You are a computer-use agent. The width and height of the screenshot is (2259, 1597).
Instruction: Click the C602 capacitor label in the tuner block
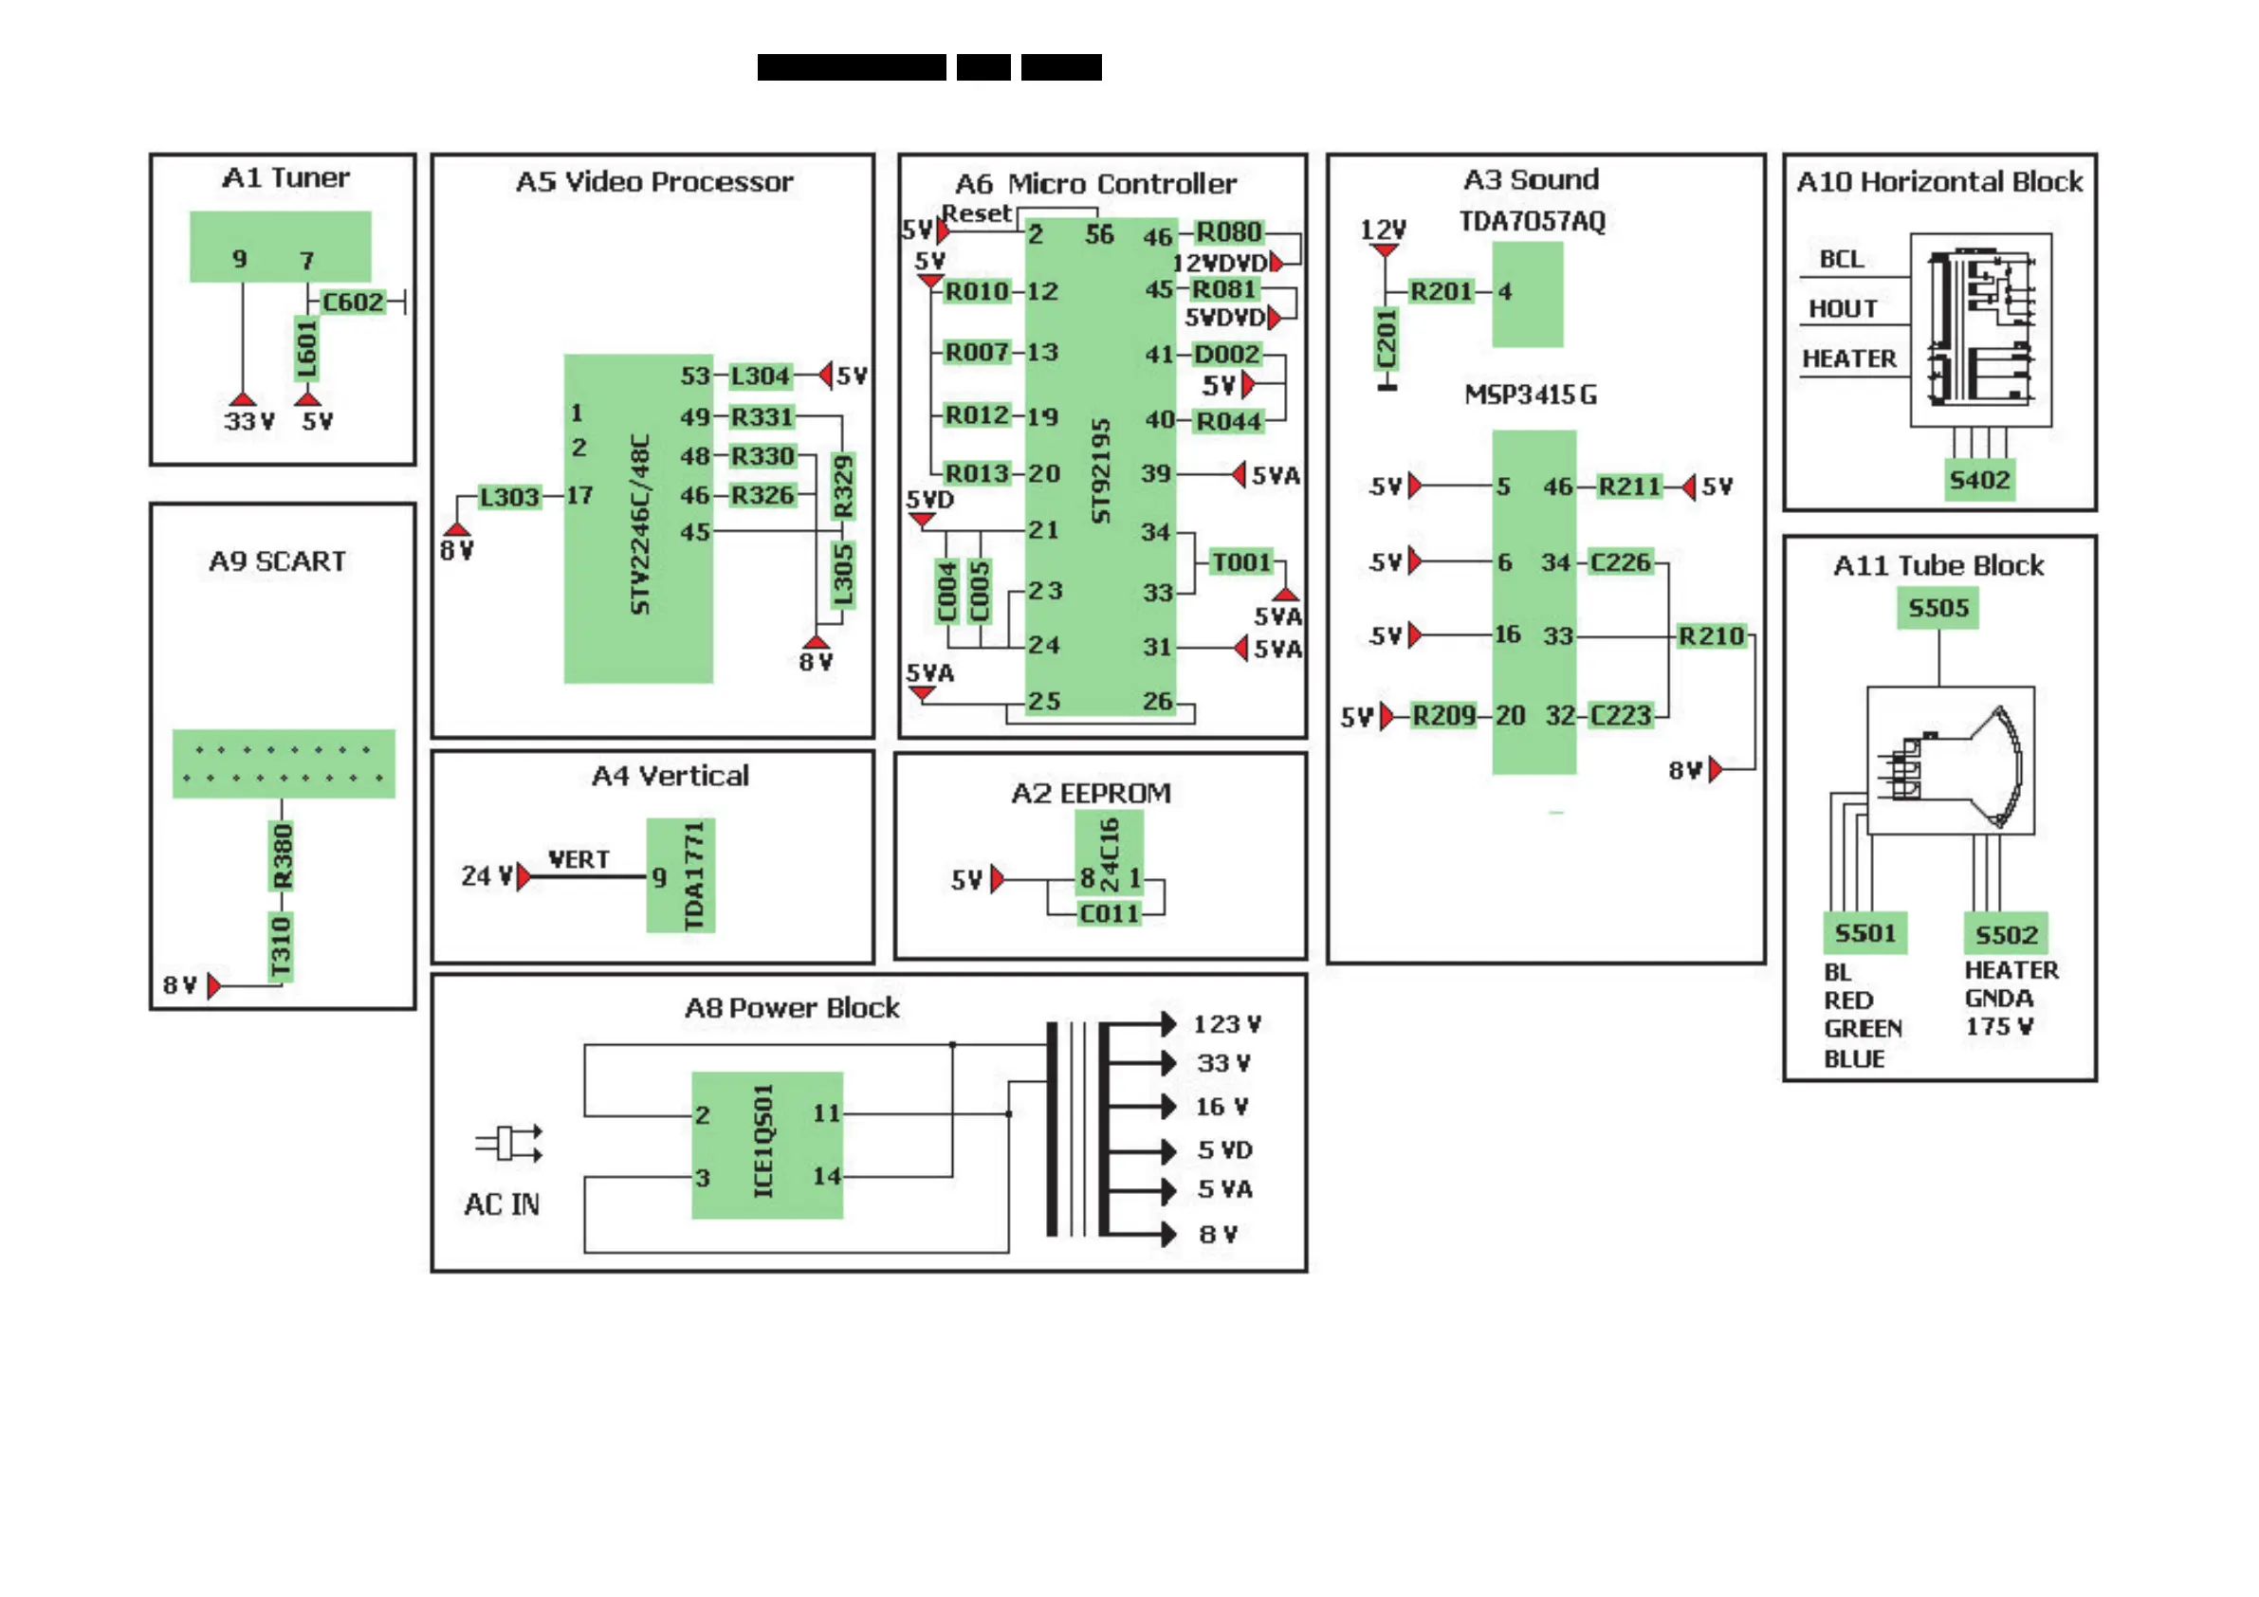[x=352, y=303]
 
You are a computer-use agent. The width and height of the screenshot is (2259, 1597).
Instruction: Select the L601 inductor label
[x=307, y=349]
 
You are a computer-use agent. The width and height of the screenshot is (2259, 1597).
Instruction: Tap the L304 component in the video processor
[x=760, y=376]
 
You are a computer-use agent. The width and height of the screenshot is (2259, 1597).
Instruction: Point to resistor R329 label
[x=843, y=486]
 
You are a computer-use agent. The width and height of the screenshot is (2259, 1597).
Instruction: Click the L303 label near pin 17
[x=508, y=497]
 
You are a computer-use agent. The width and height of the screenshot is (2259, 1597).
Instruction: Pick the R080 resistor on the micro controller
[x=1228, y=232]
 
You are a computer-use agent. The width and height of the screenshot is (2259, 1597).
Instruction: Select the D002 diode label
[x=1226, y=355]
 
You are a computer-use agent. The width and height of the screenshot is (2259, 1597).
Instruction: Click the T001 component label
[x=1241, y=561]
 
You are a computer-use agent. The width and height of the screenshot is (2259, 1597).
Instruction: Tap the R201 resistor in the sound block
[x=1441, y=291]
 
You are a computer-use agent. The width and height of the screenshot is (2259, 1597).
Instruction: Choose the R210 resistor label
[x=1711, y=636]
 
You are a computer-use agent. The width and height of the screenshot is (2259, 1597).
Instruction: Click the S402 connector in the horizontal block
[x=1979, y=480]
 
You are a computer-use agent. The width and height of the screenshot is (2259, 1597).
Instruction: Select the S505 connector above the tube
[x=1938, y=608]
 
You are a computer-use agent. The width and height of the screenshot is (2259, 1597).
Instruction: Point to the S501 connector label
[x=1864, y=933]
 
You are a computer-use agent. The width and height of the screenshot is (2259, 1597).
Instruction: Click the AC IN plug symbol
[x=508, y=1144]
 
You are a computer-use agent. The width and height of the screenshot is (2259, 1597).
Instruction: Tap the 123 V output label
[x=1227, y=1024]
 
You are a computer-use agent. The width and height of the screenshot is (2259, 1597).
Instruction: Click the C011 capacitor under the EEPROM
[x=1109, y=914]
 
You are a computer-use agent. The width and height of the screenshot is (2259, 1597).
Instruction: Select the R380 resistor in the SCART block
[x=283, y=856]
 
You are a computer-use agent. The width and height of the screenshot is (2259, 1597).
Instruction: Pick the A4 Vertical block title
[x=670, y=777]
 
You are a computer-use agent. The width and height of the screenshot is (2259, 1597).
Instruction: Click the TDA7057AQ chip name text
[x=1532, y=221]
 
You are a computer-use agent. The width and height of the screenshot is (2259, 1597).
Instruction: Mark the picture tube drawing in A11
[x=1951, y=762]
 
